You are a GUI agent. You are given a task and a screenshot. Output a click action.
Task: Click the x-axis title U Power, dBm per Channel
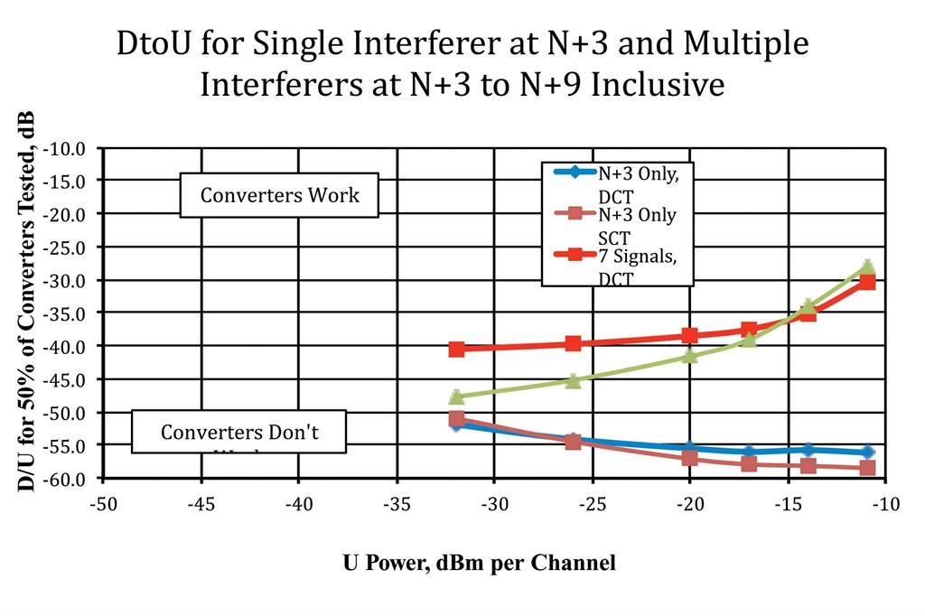tap(479, 563)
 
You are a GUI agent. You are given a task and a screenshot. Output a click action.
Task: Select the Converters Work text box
tap(279, 195)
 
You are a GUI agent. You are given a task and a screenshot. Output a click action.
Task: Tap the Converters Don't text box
tap(239, 432)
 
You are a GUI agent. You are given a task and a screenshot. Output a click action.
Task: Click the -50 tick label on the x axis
tap(103, 503)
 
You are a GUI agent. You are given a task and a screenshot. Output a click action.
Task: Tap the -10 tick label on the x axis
tap(887, 503)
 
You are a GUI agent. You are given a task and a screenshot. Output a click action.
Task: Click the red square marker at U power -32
tap(456, 349)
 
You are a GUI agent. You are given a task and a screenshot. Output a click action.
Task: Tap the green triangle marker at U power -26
tap(573, 380)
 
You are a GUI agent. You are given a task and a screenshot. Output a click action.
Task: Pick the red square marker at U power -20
tap(690, 335)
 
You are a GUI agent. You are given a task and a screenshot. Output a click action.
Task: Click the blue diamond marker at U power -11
tap(867, 452)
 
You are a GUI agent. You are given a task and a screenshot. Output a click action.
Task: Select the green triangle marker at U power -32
tap(456, 397)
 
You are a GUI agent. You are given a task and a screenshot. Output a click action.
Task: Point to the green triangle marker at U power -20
tap(690, 356)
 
